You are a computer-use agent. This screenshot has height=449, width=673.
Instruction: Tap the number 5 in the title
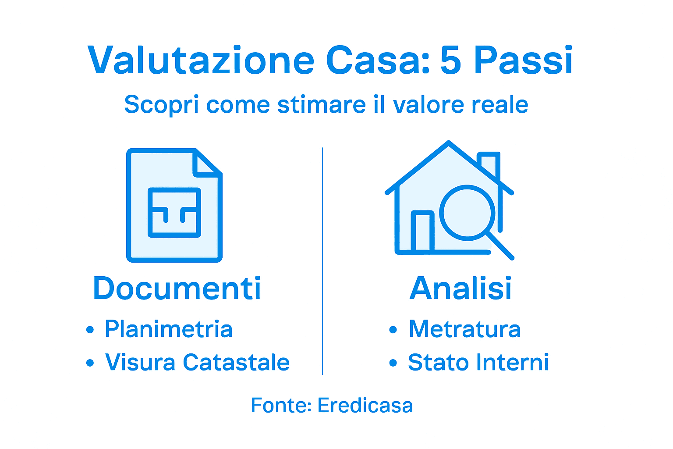[x=451, y=61]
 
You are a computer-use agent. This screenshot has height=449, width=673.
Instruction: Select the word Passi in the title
[x=523, y=61]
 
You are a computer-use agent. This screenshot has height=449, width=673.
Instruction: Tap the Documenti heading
[x=177, y=289]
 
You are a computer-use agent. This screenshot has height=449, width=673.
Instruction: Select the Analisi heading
[x=460, y=289]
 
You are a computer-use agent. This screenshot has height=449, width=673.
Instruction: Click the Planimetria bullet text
[x=168, y=329]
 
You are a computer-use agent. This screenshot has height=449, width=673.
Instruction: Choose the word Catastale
[x=236, y=363]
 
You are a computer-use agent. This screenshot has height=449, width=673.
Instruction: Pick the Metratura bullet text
[x=464, y=329]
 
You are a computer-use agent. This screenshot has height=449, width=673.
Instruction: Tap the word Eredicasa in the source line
[x=365, y=406]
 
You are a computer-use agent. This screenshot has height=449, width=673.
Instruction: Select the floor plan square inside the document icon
[x=174, y=212]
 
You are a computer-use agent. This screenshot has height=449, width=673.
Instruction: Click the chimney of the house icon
[x=490, y=164]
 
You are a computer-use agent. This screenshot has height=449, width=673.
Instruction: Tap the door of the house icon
[x=422, y=232]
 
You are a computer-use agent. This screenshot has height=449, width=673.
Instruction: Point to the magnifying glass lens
[x=467, y=212]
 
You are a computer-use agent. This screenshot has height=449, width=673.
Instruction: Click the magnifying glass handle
[x=501, y=246]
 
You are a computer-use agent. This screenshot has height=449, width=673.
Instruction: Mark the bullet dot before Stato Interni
[x=393, y=363]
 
